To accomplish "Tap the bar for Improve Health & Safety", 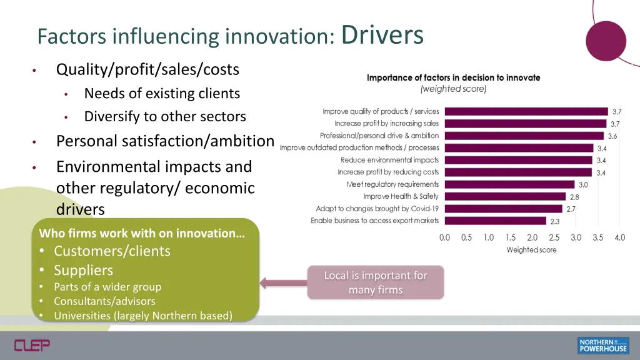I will [x=505, y=196].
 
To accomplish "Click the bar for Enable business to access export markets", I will [x=494, y=221].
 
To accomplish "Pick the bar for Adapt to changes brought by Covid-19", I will [x=503, y=209].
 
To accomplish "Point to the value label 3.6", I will [x=612, y=136].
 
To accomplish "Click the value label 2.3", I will [x=555, y=221].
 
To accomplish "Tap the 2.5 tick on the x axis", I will [x=554, y=238].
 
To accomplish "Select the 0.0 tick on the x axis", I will [x=445, y=238].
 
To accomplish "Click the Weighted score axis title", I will [x=531, y=250].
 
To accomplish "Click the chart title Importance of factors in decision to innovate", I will [x=453, y=77].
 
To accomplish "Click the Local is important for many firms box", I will [x=376, y=282].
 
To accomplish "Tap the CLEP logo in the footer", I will [x=32, y=345].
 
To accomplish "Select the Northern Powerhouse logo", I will [x=602, y=345].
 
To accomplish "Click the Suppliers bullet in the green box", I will [x=83, y=270].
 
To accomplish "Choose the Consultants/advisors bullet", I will [x=104, y=301].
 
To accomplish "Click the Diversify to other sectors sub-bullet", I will [x=165, y=116].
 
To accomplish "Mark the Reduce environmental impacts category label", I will [x=389, y=160].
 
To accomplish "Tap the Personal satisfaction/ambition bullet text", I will [x=165, y=141].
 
